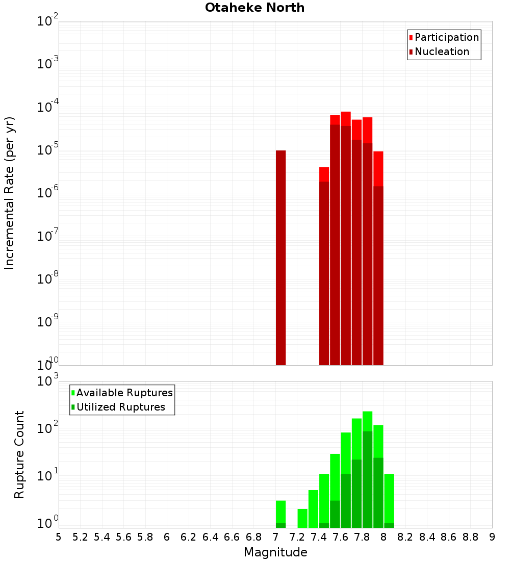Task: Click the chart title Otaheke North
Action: click(x=254, y=8)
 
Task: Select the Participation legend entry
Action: click(x=447, y=37)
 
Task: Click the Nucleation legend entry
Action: click(x=442, y=52)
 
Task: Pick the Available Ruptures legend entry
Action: click(x=124, y=393)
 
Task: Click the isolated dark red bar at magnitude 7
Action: click(x=280, y=258)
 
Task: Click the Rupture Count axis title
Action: click(x=19, y=454)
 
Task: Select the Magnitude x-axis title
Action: click(x=275, y=552)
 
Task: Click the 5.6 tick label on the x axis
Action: click(x=123, y=537)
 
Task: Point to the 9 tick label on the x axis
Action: click(x=492, y=537)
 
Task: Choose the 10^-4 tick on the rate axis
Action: click(x=48, y=107)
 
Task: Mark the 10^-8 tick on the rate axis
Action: click(x=48, y=278)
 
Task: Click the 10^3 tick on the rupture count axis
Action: click(x=48, y=381)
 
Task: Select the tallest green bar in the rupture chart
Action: click(x=367, y=469)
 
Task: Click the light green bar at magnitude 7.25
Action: click(x=302, y=518)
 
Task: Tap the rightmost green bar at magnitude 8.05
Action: click(x=389, y=500)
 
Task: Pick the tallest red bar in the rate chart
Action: click(x=346, y=240)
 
